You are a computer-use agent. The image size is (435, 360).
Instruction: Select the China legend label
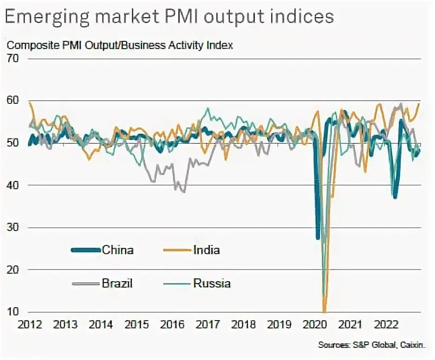tap(118, 250)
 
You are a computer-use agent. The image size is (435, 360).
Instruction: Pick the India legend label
tap(206, 250)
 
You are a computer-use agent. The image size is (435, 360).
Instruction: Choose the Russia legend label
tap(211, 283)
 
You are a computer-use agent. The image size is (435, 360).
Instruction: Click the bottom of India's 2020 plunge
tap(325, 311)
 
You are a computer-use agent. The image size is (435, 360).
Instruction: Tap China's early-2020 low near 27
tap(318, 238)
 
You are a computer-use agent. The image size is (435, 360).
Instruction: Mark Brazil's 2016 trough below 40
tap(184, 192)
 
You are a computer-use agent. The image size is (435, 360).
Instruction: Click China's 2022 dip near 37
tap(395, 198)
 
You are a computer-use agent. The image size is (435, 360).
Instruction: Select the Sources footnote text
tap(371, 344)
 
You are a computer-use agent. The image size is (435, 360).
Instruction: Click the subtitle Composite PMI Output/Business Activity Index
tap(120, 45)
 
